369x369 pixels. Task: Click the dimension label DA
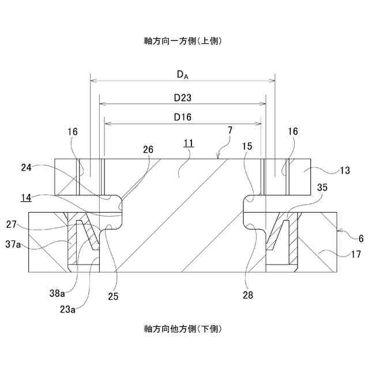point(182,74)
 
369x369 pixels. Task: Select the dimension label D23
point(182,98)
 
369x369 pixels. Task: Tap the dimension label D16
point(182,116)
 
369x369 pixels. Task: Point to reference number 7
point(229,131)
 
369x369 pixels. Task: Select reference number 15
point(247,146)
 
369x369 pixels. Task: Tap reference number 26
point(148,149)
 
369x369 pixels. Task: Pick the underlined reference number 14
point(26,197)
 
